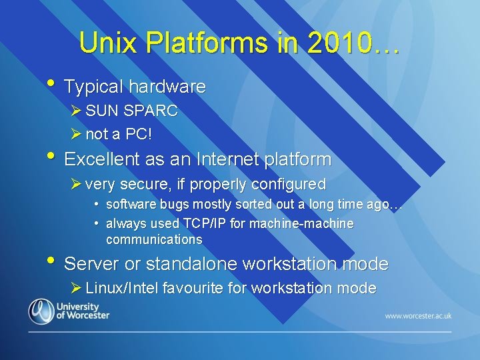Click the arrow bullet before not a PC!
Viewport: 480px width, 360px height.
pyautogui.click(x=77, y=134)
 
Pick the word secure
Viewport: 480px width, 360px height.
pyautogui.click(x=140, y=184)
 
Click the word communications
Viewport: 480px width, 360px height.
pyautogui.click(x=154, y=239)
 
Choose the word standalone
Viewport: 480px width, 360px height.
pyautogui.click(x=193, y=264)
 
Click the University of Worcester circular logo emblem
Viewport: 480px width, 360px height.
pyautogui.click(x=41, y=312)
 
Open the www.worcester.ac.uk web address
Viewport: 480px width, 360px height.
pyautogui.click(x=419, y=315)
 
